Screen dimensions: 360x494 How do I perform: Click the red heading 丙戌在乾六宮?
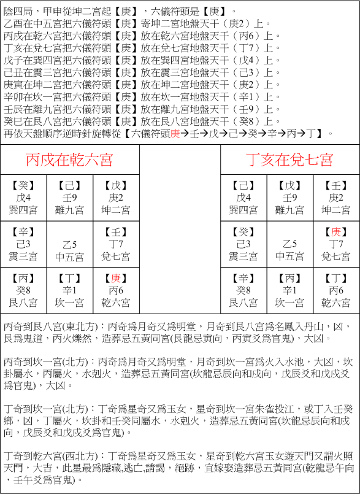pyautogui.click(x=69, y=160)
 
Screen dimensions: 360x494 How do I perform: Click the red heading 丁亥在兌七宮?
pyautogui.click(x=290, y=160)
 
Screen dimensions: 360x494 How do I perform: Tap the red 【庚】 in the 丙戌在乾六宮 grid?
pyautogui.click(x=116, y=279)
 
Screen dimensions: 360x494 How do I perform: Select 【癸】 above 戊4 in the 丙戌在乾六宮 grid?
pyautogui.click(x=24, y=185)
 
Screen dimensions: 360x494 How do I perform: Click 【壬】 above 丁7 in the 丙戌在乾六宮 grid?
pyautogui.click(x=116, y=232)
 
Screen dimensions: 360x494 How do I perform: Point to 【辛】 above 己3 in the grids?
pyautogui.click(x=24, y=232)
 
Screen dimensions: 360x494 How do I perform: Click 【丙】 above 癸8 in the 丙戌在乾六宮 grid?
pyautogui.click(x=24, y=279)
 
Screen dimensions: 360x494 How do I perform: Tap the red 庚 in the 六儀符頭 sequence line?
pyautogui.click(x=175, y=133)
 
